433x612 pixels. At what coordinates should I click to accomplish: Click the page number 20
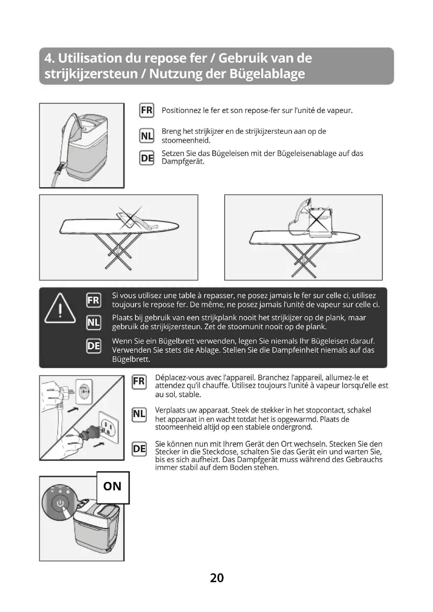(x=217, y=578)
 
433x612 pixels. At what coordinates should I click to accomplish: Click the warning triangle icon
(x=60, y=308)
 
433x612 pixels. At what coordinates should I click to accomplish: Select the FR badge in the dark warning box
(x=93, y=300)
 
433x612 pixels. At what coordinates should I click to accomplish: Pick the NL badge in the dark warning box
(x=93, y=323)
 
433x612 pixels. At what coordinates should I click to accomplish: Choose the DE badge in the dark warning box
(x=93, y=346)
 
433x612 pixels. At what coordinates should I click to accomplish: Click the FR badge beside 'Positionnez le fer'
(x=147, y=110)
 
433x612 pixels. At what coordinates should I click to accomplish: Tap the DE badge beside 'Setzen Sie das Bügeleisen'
(x=147, y=158)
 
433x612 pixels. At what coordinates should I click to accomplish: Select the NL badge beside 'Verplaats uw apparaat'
(x=139, y=414)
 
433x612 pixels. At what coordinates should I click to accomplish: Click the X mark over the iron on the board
(x=130, y=218)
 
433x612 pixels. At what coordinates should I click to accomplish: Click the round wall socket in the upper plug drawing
(x=84, y=391)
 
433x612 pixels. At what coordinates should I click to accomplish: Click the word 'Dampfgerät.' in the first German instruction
(x=183, y=161)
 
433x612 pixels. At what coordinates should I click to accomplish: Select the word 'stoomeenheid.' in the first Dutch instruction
(x=186, y=140)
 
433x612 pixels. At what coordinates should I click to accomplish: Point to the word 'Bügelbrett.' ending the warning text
(x=131, y=359)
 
